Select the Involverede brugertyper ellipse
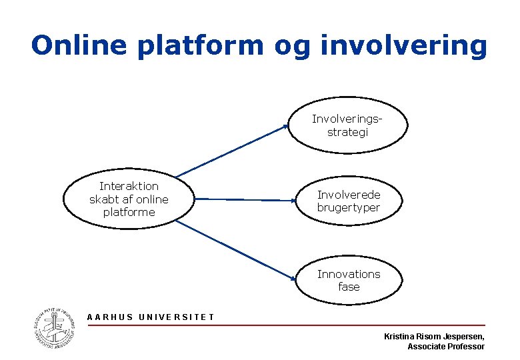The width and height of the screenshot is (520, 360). (x=348, y=201)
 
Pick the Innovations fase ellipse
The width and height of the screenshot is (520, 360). (x=348, y=280)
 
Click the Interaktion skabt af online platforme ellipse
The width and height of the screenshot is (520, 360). (x=129, y=199)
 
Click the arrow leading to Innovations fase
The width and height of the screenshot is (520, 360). (x=237, y=250)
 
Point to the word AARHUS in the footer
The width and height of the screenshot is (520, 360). (x=110, y=317)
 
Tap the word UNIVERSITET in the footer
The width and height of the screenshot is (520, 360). (x=176, y=317)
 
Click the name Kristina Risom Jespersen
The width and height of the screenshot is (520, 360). (x=434, y=337)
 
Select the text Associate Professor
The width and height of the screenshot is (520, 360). (x=445, y=347)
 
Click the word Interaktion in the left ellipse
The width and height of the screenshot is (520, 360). (x=129, y=186)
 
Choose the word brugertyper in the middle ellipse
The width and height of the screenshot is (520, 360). (x=348, y=208)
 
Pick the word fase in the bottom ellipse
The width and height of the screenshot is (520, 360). (x=349, y=287)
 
